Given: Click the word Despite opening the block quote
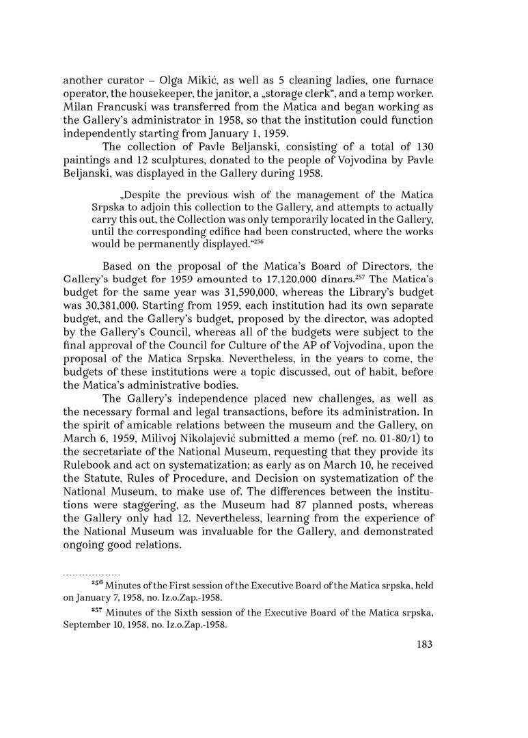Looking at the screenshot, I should (x=128, y=187).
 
